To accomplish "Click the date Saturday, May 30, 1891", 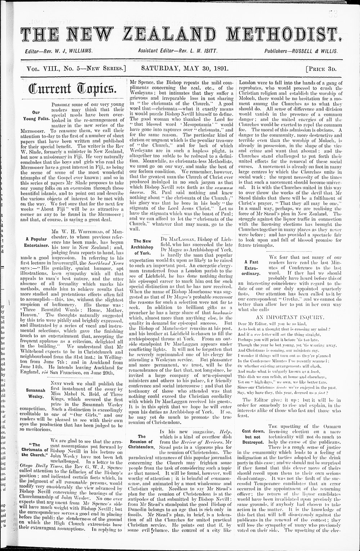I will pos(181,67).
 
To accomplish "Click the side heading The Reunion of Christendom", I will pos(142,441).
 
